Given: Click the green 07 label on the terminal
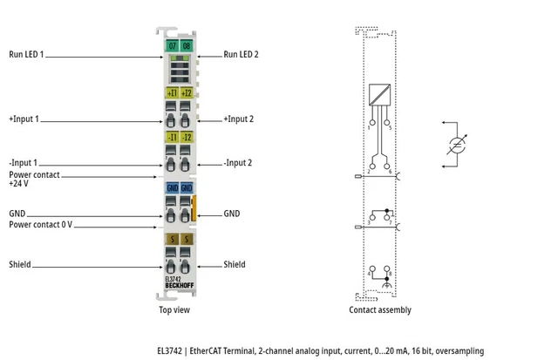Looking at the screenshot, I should pyautogui.click(x=173, y=44).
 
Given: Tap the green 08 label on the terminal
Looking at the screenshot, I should pyautogui.click(x=187, y=44).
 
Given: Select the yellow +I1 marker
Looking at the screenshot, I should pyautogui.click(x=173, y=92).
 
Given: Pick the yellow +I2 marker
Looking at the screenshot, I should pyautogui.click(x=187, y=92).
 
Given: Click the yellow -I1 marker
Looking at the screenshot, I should pyautogui.click(x=173, y=137).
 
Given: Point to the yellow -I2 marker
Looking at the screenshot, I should pyautogui.click(x=187, y=137).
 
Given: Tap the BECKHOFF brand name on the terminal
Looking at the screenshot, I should pyautogui.click(x=180, y=286).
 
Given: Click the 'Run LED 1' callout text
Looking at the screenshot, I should pyautogui.click(x=27, y=54).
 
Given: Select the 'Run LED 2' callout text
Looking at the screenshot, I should pyautogui.click(x=241, y=54).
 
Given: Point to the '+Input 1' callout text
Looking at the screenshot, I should pyautogui.click(x=24, y=119).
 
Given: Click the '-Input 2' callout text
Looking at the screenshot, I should pyautogui.click(x=238, y=163).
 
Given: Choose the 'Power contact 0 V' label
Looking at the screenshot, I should pyautogui.click(x=40, y=225).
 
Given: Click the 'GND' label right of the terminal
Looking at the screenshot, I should pyautogui.click(x=232, y=213).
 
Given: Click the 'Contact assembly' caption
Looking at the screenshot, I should pyautogui.click(x=380, y=309).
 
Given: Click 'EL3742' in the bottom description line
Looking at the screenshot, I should pyautogui.click(x=164, y=350).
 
